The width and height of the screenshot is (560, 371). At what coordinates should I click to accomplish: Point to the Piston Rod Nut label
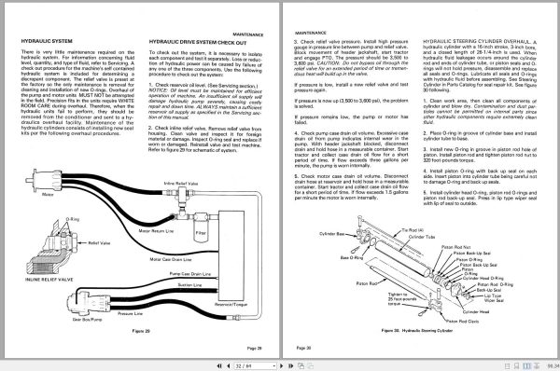(x=456, y=246)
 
